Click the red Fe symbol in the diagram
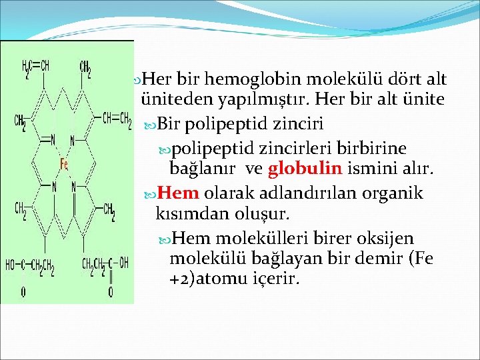click(65, 163)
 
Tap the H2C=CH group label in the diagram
click(36, 67)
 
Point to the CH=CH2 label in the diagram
click(116, 119)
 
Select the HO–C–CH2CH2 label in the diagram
click(31, 265)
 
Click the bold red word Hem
click(179, 193)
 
